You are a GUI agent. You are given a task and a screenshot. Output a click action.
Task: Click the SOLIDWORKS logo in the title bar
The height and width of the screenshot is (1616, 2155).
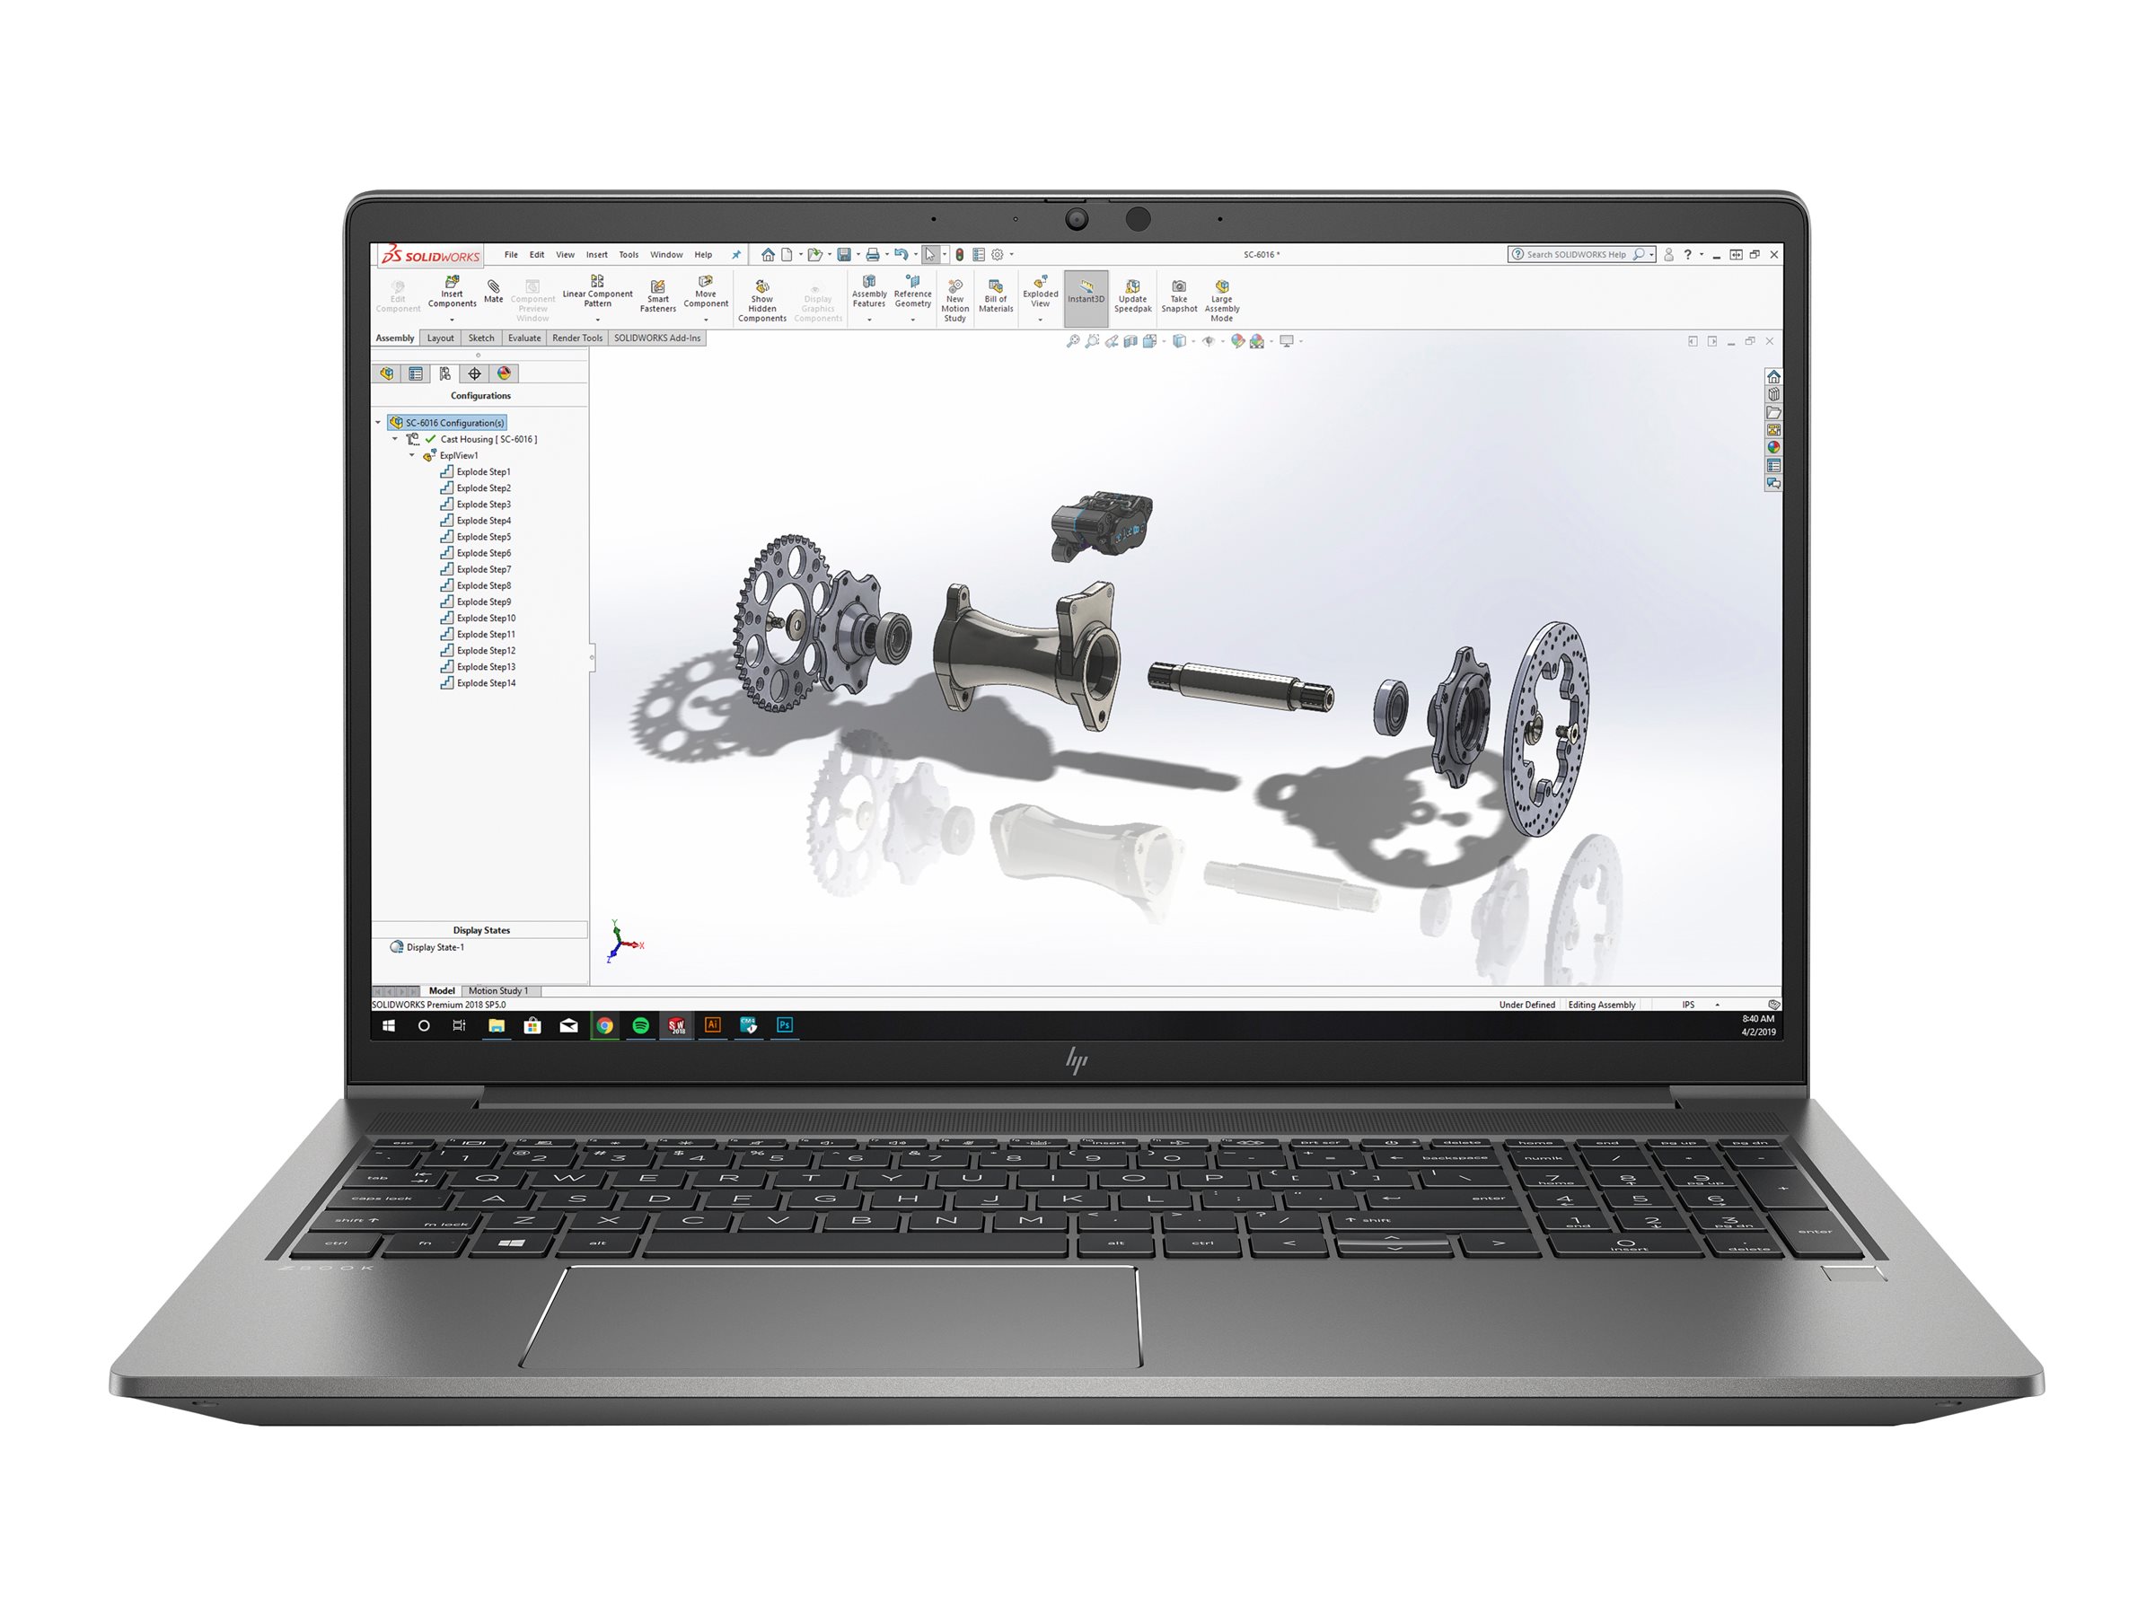click(x=431, y=255)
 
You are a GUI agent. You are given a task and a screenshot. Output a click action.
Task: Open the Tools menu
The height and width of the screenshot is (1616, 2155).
click(x=629, y=255)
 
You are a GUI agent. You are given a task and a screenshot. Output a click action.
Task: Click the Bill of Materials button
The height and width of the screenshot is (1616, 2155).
click(x=996, y=296)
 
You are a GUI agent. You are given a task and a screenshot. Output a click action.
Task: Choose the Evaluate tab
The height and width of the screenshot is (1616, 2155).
click(x=524, y=338)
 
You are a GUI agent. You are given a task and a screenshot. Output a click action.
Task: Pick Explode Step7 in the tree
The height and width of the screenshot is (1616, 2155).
click(x=483, y=570)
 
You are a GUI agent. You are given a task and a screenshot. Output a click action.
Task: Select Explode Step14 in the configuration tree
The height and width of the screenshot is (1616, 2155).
click(x=485, y=684)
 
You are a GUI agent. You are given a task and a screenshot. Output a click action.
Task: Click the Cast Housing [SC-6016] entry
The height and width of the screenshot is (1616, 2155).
click(x=487, y=439)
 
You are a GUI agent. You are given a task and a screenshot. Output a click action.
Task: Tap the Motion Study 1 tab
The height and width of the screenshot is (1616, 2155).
click(x=497, y=990)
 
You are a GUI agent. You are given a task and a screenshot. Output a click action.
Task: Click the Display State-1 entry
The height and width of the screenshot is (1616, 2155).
click(x=435, y=947)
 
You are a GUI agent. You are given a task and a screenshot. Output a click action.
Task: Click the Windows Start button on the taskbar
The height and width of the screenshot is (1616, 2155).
click(x=388, y=1025)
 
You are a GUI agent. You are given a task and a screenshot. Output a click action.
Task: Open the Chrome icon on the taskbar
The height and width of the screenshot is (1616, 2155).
click(x=605, y=1025)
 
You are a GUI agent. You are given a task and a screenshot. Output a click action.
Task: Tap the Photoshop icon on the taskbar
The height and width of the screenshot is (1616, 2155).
click(x=784, y=1024)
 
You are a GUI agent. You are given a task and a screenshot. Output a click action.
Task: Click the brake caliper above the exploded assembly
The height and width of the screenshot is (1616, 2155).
click(x=1101, y=525)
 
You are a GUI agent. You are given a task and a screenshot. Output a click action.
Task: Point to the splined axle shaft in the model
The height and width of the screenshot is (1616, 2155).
click(x=1238, y=685)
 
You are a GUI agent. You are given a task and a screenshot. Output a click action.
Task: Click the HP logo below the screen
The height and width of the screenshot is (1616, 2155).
click(x=1077, y=1059)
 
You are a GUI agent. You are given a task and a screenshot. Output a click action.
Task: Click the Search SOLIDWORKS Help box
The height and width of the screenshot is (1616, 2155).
click(x=1577, y=255)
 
